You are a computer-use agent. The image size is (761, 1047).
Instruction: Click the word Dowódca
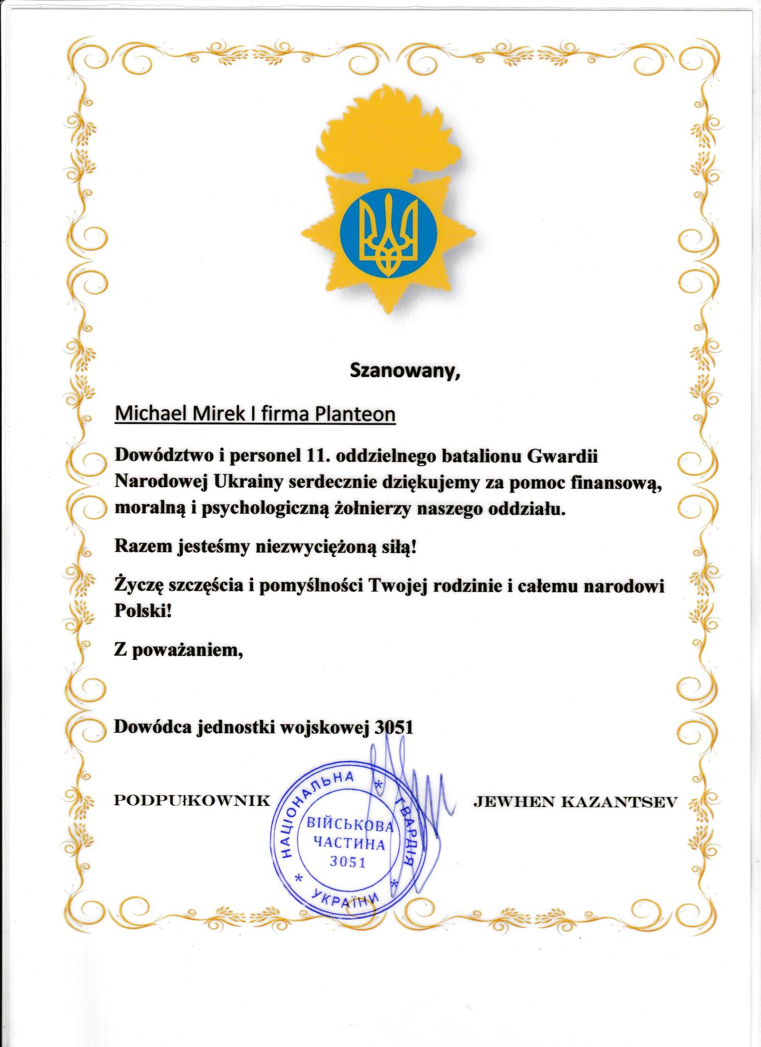[152, 727]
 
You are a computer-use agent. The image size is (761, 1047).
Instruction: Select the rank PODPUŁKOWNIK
[191, 801]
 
